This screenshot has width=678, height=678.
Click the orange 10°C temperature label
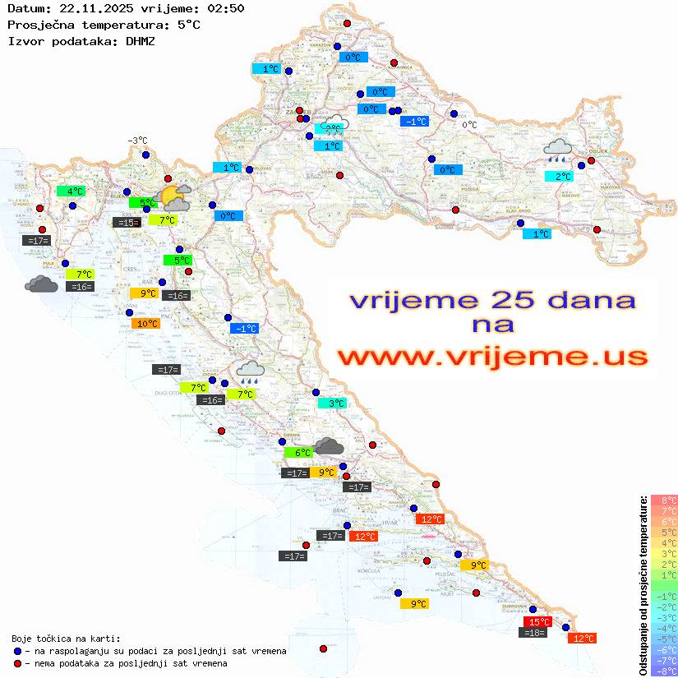pos(147,324)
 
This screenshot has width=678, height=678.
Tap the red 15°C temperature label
pos(538,621)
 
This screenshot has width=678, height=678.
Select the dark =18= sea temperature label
pos(534,632)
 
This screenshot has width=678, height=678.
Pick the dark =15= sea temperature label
pos(126,222)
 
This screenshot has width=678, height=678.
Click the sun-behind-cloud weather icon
pos(175,197)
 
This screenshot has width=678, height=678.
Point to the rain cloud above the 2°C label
pos(558,150)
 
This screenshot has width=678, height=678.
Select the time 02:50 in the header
pos(224,8)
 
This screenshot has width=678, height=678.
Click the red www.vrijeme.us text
pos(492,357)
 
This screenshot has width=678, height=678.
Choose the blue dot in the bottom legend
pos(18,651)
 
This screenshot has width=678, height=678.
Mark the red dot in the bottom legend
pos(18,663)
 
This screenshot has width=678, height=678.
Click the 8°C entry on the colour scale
pos(663,500)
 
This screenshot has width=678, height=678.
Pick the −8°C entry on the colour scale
pos(663,671)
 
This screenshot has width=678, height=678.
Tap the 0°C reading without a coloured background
pos(469,125)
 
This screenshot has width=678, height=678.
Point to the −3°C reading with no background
pos(137,141)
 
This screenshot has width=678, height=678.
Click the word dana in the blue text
pos(587,299)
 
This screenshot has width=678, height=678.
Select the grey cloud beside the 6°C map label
pos(329,446)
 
